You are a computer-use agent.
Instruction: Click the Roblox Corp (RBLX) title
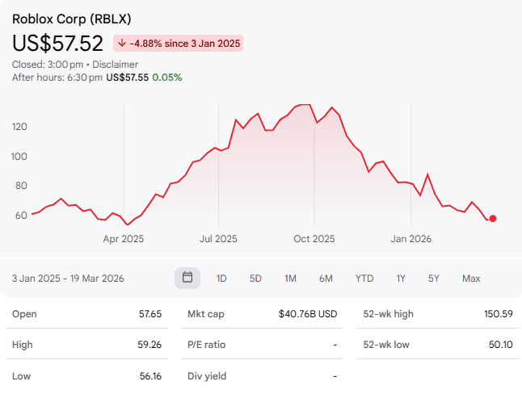click(72, 19)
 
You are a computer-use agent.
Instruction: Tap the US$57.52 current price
click(57, 43)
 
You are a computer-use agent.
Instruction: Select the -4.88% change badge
click(179, 43)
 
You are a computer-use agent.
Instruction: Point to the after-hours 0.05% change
click(168, 78)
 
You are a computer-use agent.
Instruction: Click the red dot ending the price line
click(493, 218)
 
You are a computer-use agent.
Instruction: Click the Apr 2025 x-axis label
click(123, 239)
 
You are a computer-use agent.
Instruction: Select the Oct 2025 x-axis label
click(314, 239)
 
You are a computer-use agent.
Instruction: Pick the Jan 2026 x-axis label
click(410, 239)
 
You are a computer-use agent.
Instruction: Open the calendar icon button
click(187, 278)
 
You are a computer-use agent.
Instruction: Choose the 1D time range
click(221, 279)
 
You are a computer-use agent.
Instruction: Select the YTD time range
click(364, 279)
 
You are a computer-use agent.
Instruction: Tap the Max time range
click(471, 279)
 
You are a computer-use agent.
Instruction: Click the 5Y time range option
click(434, 279)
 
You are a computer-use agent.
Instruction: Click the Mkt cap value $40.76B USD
click(307, 313)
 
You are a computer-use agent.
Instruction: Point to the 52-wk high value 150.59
click(497, 313)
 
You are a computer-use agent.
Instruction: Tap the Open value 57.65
click(151, 313)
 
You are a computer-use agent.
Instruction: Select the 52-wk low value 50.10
click(498, 345)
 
